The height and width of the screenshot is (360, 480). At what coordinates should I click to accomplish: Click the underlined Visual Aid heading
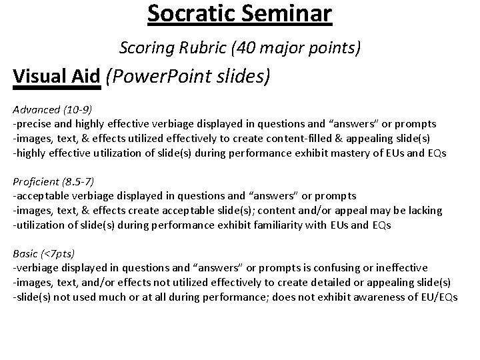(57, 77)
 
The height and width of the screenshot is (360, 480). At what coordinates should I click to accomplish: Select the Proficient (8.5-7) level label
(55, 181)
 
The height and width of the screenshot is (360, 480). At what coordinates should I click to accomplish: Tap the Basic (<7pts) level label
(44, 253)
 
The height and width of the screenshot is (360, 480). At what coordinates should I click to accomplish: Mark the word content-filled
(303, 138)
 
